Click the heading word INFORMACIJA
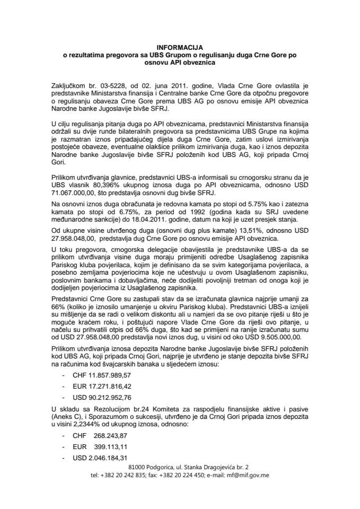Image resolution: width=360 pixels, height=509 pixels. [180, 47]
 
